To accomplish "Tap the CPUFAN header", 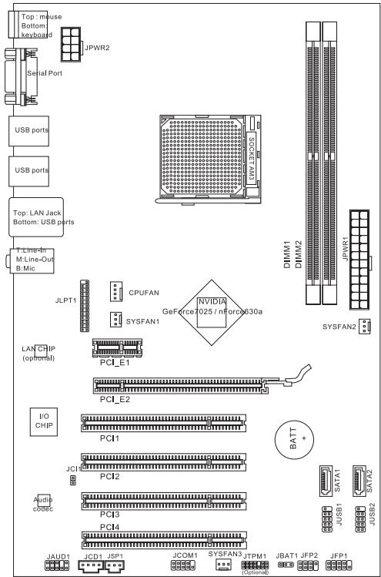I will (115, 292).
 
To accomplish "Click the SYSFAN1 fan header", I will (112, 320).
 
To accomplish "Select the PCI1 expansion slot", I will (165, 423).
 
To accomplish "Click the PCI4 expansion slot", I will (165, 538).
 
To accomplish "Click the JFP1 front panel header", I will (337, 565).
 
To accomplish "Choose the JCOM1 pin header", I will (182, 565).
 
